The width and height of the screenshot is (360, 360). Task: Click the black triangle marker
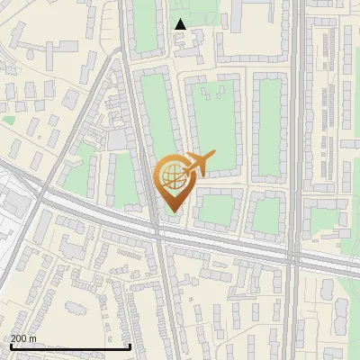180,24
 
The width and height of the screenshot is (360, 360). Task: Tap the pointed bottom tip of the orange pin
172,212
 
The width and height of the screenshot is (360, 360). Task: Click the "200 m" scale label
24,337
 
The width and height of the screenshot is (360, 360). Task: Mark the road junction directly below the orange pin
158,232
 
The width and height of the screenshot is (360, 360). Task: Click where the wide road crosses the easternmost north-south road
294,256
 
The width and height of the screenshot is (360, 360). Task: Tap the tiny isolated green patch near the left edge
9,119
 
